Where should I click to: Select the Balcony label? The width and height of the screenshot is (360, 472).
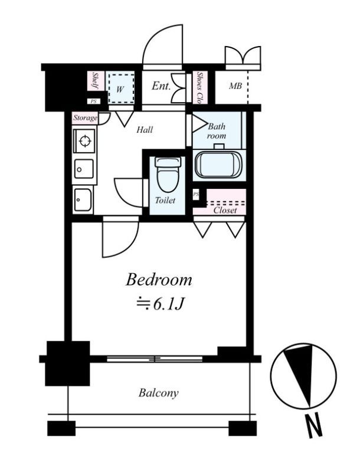[158, 393]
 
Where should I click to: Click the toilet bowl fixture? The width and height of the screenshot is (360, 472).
[168, 175]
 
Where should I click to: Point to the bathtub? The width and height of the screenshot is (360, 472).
[219, 164]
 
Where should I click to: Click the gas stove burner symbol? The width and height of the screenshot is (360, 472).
[84, 140]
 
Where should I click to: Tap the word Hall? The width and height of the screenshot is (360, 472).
[145, 130]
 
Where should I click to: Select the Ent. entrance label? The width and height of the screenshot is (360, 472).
[161, 86]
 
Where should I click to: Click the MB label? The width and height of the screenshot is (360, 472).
[235, 86]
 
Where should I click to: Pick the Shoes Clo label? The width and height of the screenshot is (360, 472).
[199, 87]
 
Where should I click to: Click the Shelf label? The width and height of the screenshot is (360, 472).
[96, 81]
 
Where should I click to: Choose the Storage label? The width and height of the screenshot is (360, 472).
[86, 117]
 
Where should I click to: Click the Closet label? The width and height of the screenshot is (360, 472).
[225, 210]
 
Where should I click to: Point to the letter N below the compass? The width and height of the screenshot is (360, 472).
[313, 426]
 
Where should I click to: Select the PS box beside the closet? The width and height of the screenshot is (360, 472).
[196, 194]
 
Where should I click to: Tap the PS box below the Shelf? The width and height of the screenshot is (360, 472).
[94, 101]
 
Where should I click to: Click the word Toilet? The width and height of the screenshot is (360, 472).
[165, 200]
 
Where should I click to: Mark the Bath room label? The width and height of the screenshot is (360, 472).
[217, 131]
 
